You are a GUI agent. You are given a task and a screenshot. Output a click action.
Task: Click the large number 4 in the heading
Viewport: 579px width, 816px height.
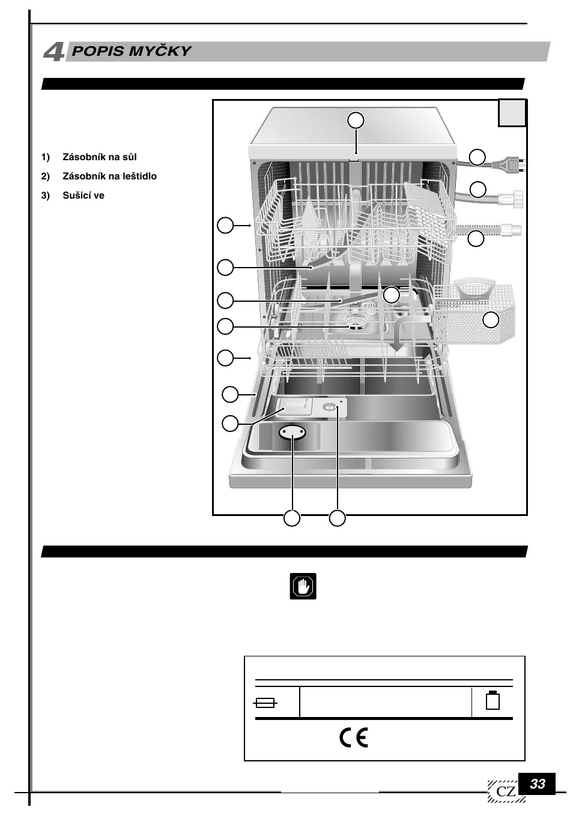pos(54,52)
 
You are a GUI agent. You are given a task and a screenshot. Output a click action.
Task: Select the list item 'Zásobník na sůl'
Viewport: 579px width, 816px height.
pos(99,157)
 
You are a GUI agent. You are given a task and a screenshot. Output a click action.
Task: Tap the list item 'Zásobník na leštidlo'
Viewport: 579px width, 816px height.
pos(109,176)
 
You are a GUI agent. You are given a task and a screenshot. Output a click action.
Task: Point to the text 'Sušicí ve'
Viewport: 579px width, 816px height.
pos(83,196)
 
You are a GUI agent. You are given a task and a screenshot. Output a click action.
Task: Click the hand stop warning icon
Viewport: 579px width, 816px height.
pos(303,586)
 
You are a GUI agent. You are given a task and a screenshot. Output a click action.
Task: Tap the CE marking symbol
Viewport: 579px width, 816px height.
pos(354,737)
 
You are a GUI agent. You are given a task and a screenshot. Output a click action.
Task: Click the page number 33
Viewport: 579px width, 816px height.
pos(537,784)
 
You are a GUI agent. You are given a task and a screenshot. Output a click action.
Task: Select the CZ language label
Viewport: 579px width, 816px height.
pos(506,791)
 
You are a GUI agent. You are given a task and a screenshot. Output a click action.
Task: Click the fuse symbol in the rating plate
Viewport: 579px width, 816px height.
pos(265,703)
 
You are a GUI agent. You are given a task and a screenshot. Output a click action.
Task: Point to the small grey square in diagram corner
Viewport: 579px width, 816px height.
pos(512,113)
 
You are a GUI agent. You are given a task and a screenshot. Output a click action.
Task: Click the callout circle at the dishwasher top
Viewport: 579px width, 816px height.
pos(356,120)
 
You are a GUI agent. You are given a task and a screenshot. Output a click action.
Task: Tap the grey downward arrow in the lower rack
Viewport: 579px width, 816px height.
pos(397,343)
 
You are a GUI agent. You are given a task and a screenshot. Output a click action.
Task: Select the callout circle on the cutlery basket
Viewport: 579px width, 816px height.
pos(491,320)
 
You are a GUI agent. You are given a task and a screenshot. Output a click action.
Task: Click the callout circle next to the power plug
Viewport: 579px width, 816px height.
pos(477,157)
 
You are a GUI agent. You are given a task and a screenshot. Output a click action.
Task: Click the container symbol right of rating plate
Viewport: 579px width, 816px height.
pos(493,700)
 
